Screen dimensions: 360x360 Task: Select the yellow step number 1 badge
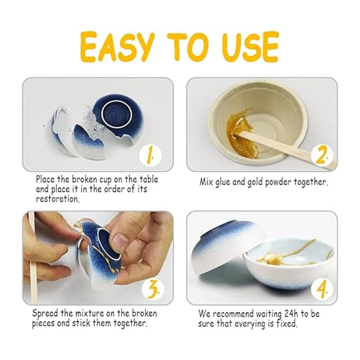click(151, 156)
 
